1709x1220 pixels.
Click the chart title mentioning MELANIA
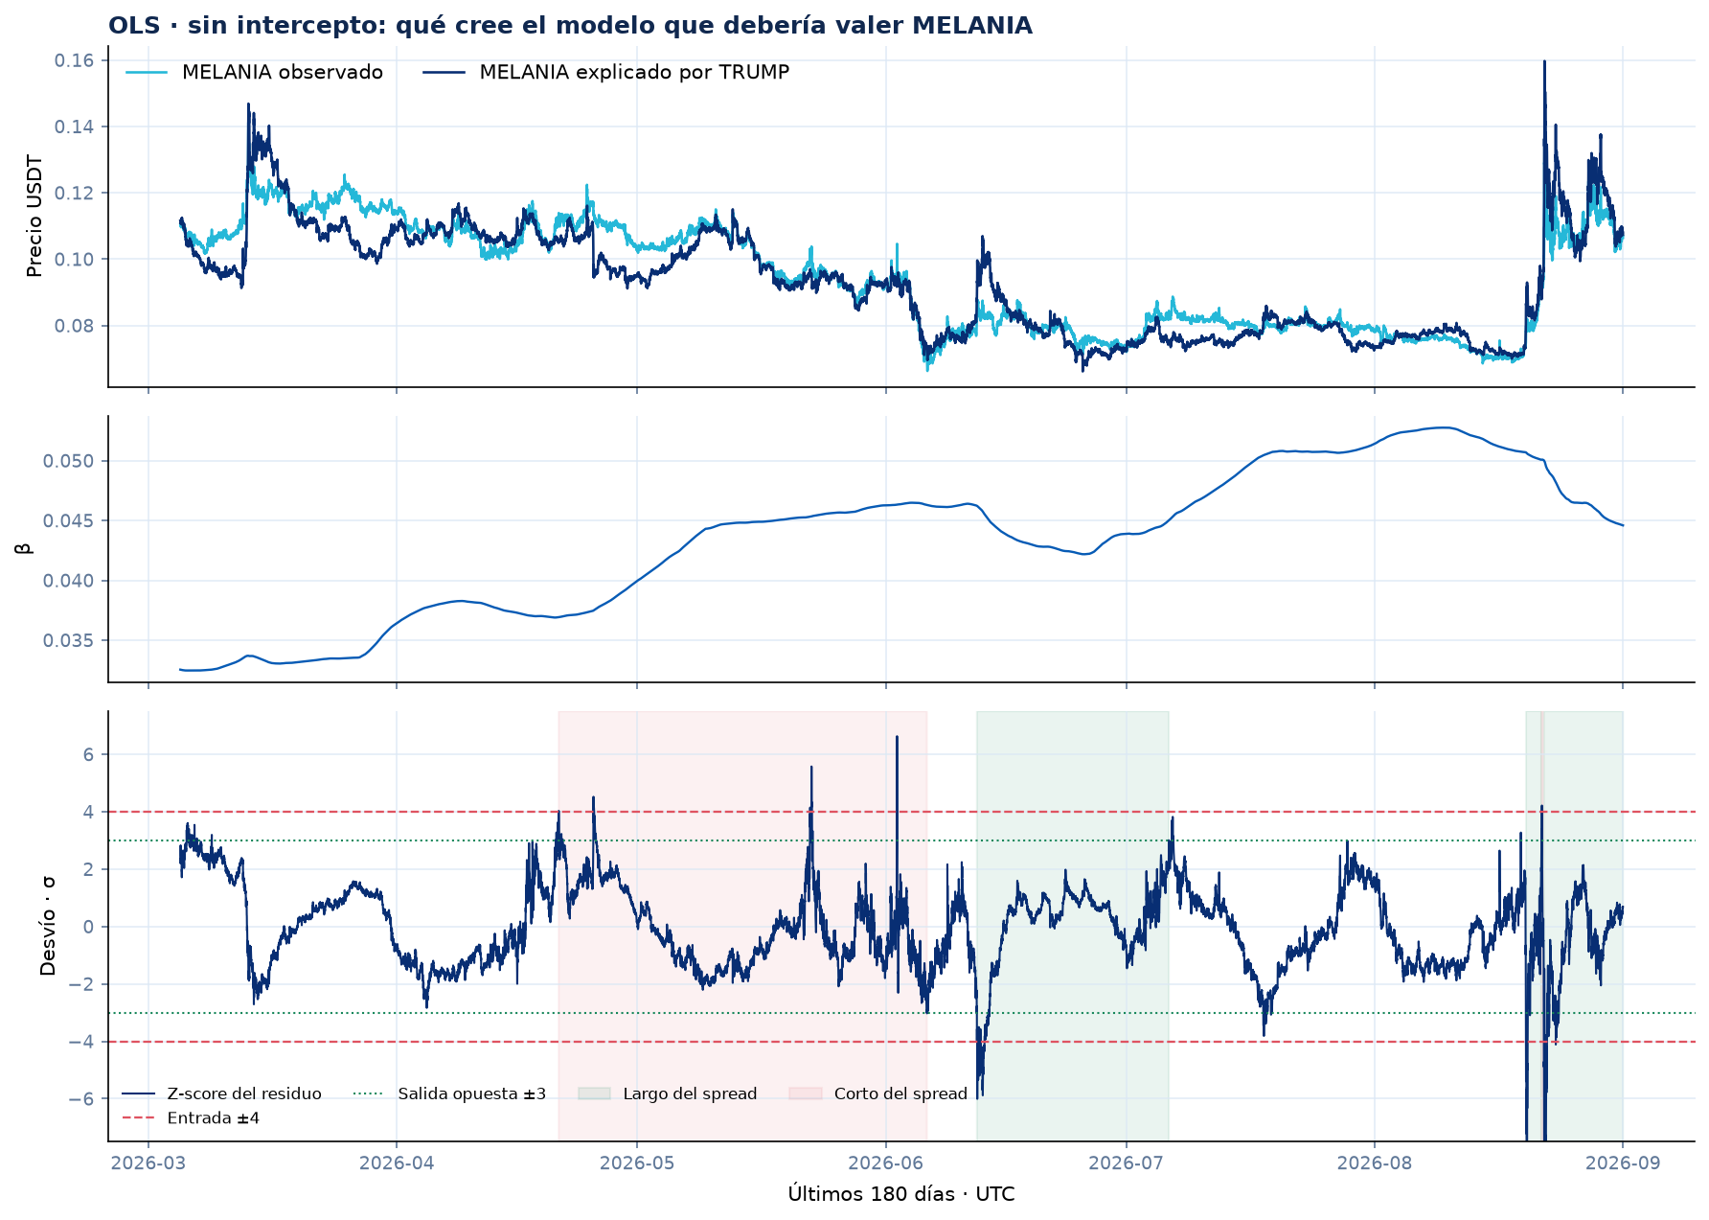pos(570,26)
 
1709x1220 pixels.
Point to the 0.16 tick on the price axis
pos(74,60)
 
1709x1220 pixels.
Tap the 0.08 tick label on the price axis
pos(74,326)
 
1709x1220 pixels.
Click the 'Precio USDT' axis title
pos(35,217)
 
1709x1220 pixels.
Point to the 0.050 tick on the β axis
pos(69,461)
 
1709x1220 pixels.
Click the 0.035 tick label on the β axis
pos(69,640)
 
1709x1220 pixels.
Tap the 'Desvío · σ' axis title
pos(48,926)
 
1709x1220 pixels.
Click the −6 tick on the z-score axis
pos(81,1098)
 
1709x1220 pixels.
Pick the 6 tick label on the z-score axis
pos(88,754)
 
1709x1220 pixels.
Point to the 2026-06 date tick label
pos(886,1163)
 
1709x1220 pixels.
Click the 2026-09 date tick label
pos(1623,1163)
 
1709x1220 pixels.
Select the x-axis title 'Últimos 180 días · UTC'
pos(901,1194)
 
